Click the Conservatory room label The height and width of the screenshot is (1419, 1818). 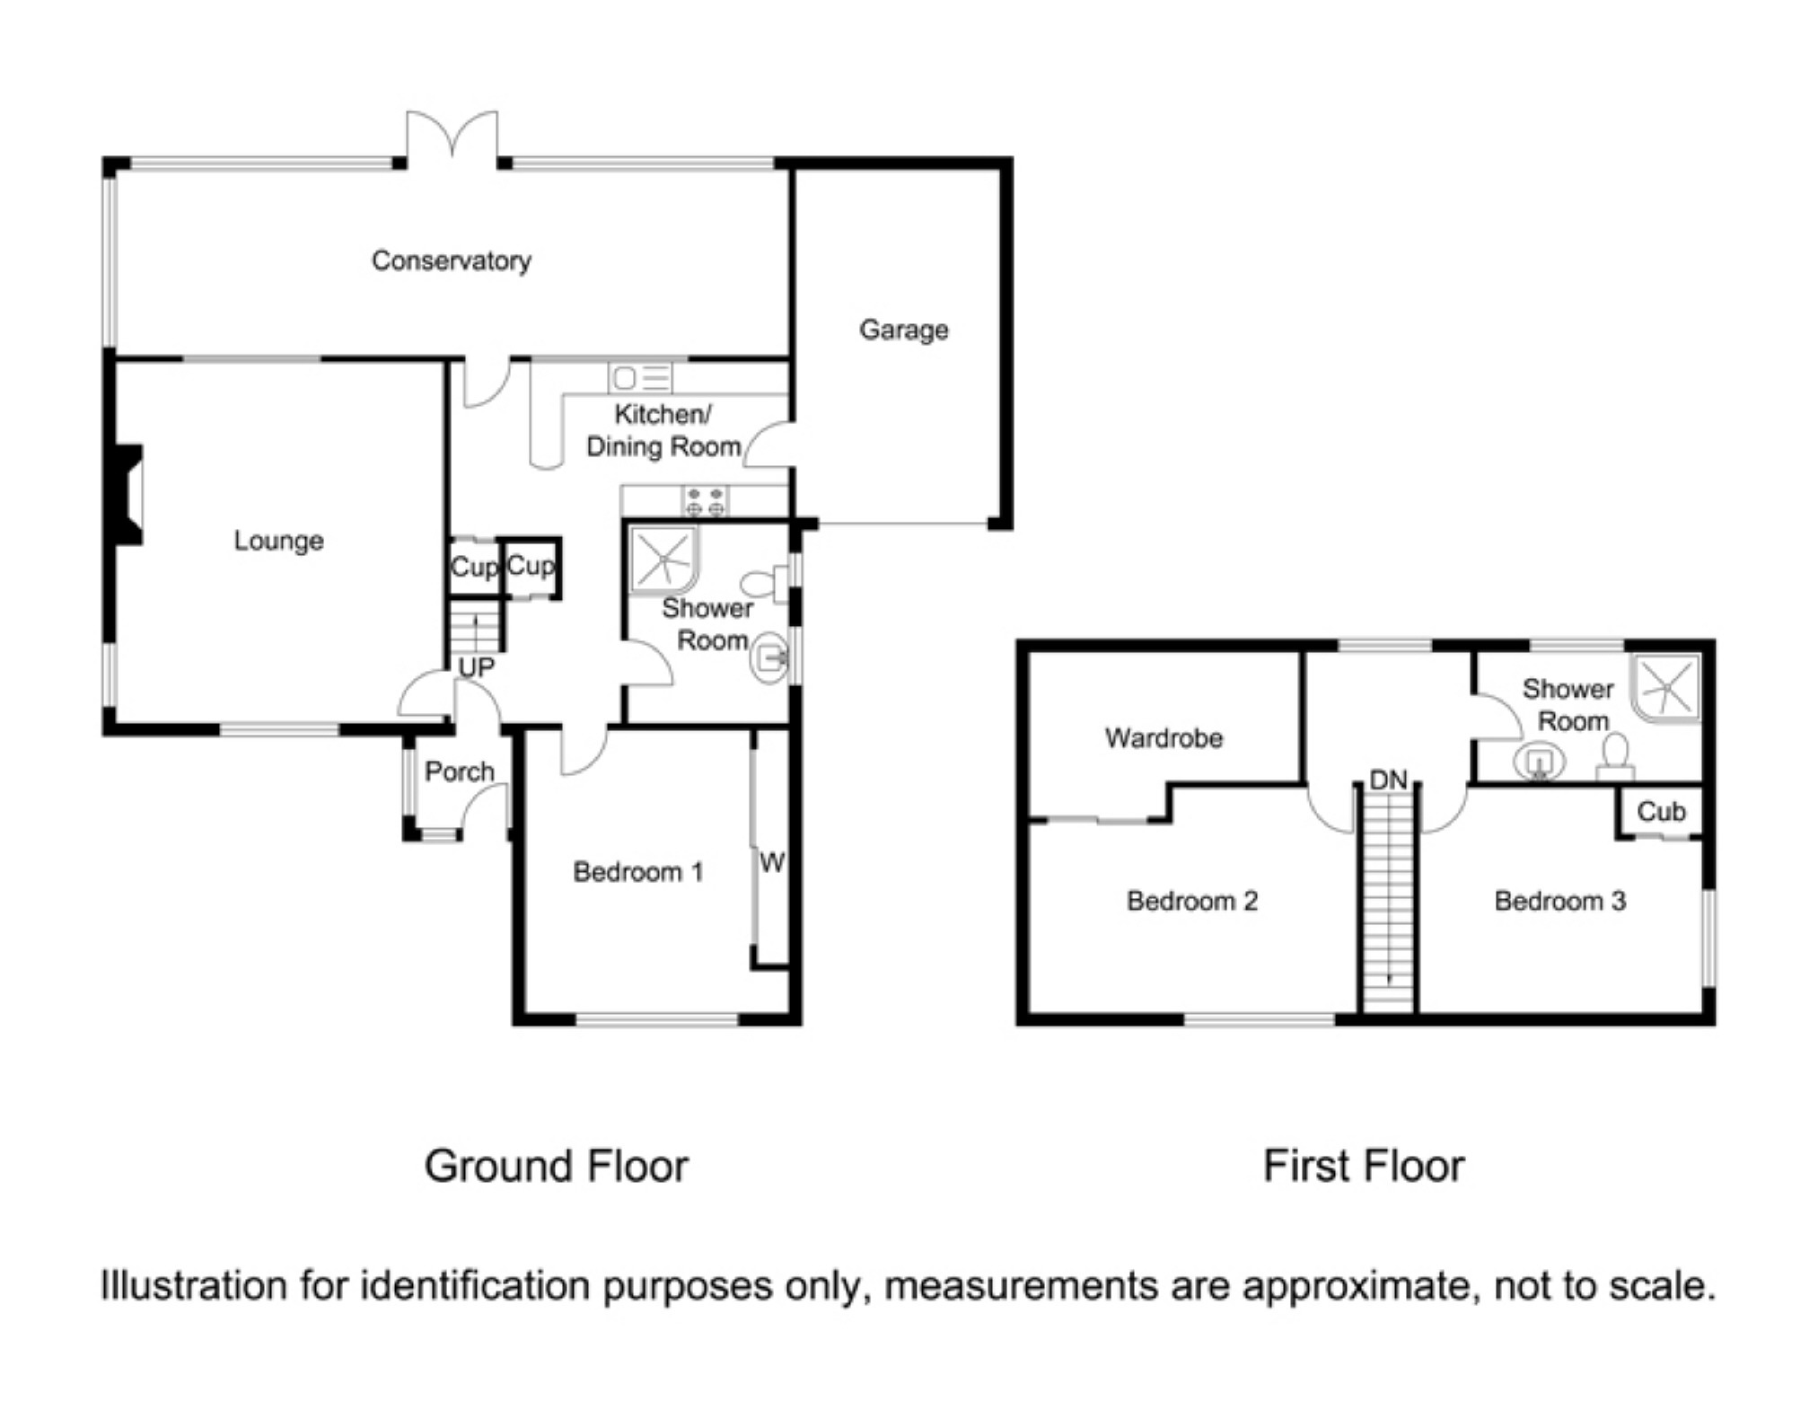pos(451,260)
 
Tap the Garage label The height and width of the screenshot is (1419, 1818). pos(903,330)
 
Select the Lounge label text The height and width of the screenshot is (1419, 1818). pos(278,541)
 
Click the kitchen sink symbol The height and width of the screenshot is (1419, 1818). pos(640,377)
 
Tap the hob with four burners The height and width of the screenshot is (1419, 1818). pos(705,501)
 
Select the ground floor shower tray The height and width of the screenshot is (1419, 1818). pos(663,560)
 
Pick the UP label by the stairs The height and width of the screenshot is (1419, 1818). pos(476,667)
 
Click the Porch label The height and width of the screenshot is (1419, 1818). pos(459,771)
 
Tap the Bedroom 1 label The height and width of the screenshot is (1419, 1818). pos(637,871)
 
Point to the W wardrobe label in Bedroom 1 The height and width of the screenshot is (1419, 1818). pos(772,863)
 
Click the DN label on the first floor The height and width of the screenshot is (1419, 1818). pos(1388,780)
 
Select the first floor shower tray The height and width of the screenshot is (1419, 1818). pos(1666,688)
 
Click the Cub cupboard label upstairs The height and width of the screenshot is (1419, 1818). pos(1661,812)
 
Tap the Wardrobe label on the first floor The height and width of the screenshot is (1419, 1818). pos(1164,738)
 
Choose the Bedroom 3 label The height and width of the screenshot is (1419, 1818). pos(1559,901)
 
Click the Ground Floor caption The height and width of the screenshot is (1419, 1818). pos(556,1166)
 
